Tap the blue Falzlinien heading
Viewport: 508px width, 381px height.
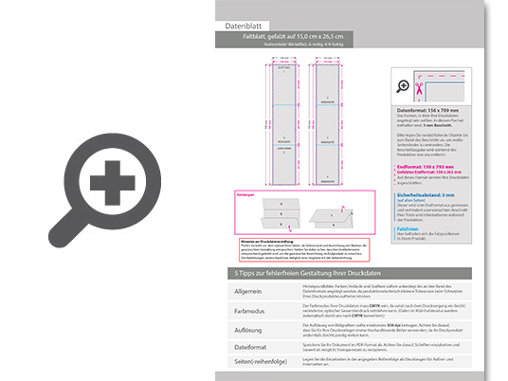[409, 228]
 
